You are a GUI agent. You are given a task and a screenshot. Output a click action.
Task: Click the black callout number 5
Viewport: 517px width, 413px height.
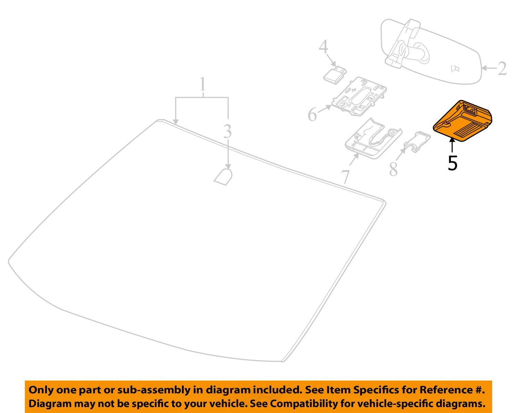click(453, 163)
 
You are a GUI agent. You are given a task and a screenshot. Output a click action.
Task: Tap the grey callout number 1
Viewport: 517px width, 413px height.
click(203, 84)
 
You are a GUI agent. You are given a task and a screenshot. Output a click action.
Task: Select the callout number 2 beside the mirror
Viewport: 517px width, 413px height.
click(502, 69)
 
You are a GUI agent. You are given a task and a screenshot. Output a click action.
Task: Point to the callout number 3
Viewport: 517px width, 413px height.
click(227, 131)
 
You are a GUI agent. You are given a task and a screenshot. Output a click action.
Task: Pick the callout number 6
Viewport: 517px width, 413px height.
click(312, 115)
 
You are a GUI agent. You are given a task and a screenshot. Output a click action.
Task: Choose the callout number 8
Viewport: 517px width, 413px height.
click(394, 169)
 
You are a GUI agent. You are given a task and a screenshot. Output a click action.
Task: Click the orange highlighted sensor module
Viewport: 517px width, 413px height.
click(463, 121)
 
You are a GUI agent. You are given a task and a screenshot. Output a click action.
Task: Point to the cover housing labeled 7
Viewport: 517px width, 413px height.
click(373, 139)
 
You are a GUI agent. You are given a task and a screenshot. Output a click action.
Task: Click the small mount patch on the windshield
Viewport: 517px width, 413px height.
click(223, 177)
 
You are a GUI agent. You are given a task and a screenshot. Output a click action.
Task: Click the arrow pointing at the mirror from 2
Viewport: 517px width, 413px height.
click(489, 68)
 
